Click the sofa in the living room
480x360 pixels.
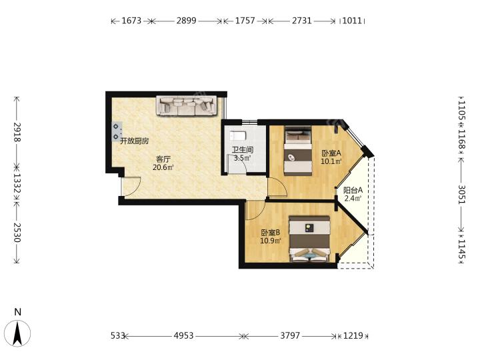click(x=187, y=105)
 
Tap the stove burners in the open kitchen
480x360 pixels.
click(x=117, y=131)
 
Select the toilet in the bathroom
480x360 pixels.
click(x=238, y=136)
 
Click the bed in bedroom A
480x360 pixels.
click(x=298, y=151)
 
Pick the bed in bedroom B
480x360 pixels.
click(x=310, y=239)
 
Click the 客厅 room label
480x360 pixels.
click(x=163, y=159)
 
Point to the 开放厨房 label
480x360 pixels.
click(x=135, y=141)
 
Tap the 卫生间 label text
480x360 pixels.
click(x=242, y=150)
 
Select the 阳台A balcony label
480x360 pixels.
click(x=353, y=190)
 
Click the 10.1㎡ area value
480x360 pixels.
click(x=331, y=161)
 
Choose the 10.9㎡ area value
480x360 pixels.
click(x=271, y=241)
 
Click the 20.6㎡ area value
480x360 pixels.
click(x=163, y=167)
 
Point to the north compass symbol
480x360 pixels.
click(x=19, y=333)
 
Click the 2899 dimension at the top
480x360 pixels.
click(x=186, y=21)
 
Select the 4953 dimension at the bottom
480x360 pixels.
click(x=184, y=336)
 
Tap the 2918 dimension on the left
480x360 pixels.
click(x=17, y=132)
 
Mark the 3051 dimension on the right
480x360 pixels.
click(x=461, y=195)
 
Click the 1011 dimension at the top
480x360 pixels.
click(x=352, y=21)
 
